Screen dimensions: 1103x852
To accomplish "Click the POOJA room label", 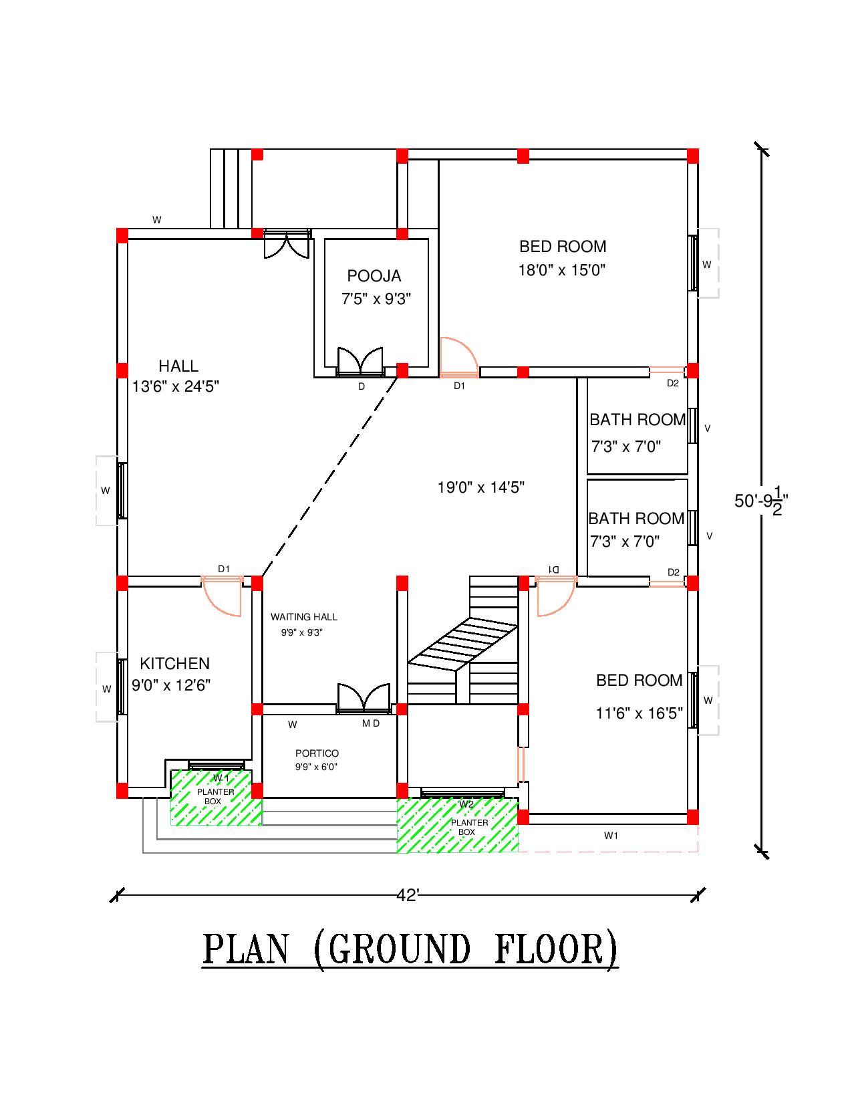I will (374, 275).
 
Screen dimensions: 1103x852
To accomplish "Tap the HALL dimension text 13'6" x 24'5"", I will (176, 386).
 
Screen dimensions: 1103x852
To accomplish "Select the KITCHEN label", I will (174, 663).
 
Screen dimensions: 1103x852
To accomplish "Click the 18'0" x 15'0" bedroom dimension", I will (562, 270).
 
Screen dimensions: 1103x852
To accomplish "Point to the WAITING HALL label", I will (303, 617).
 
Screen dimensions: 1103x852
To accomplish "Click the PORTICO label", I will (317, 753).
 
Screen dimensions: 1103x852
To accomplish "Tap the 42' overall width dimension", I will (407, 895).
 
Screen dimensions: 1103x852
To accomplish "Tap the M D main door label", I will (371, 724).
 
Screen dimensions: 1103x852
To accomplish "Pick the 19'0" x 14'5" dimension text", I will (480, 487).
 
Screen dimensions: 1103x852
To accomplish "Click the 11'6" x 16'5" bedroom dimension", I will (639, 713).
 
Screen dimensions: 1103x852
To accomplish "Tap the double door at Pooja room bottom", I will (360, 362).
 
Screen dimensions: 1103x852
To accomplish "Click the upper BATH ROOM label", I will (637, 420).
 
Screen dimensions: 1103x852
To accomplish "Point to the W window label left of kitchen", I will (106, 689).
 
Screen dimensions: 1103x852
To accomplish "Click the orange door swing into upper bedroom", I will (458, 358).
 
